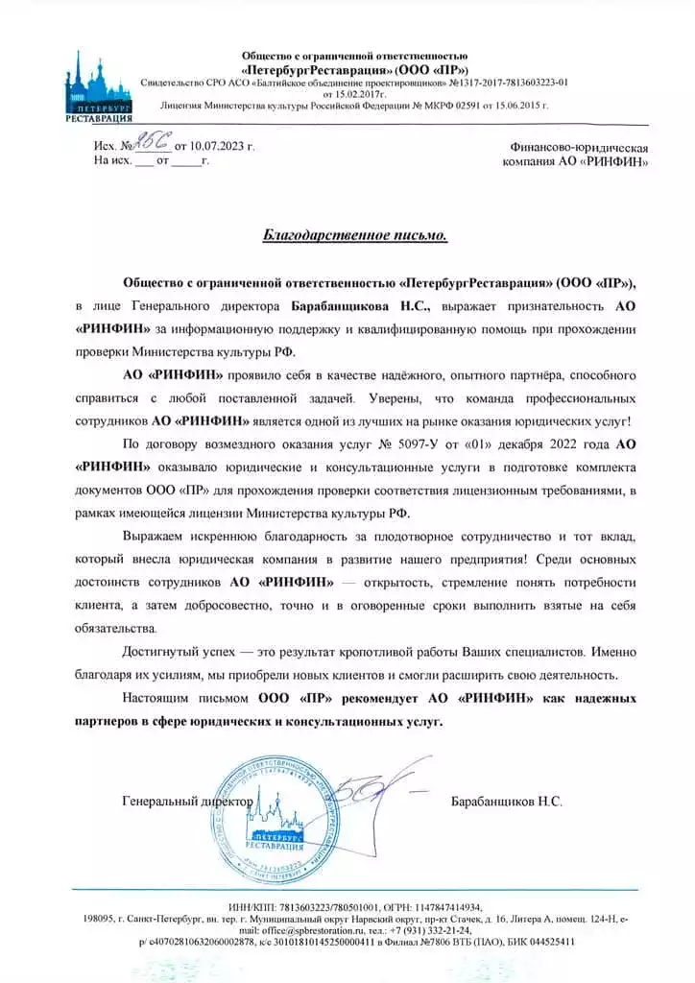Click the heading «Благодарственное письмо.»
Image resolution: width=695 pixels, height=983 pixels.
[354, 236]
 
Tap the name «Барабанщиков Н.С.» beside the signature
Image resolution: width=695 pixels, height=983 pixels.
[506, 800]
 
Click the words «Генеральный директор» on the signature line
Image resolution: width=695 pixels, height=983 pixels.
[188, 800]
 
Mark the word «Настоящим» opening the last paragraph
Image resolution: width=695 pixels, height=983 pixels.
[156, 697]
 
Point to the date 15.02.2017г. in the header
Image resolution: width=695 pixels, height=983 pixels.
[354, 95]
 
